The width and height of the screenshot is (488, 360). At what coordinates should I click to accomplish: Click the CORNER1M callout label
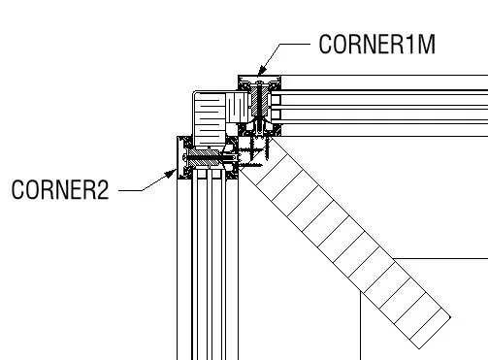[x=374, y=45]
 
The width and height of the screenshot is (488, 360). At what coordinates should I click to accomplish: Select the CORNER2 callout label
[x=59, y=189]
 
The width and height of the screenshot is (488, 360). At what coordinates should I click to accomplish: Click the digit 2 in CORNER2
[x=102, y=189]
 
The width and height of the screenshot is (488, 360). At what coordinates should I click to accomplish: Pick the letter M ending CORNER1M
[x=422, y=45]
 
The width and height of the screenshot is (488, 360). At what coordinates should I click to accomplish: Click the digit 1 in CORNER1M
[x=407, y=45]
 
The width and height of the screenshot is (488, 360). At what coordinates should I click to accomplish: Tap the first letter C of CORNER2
[x=17, y=189]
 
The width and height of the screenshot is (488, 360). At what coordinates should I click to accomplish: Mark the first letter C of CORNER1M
[x=326, y=45]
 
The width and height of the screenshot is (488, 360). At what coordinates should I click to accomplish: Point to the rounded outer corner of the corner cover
[x=195, y=95]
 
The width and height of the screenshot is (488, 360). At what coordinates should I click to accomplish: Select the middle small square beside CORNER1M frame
[x=277, y=100]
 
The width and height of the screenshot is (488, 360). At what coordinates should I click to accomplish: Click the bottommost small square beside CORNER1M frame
[x=277, y=114]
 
